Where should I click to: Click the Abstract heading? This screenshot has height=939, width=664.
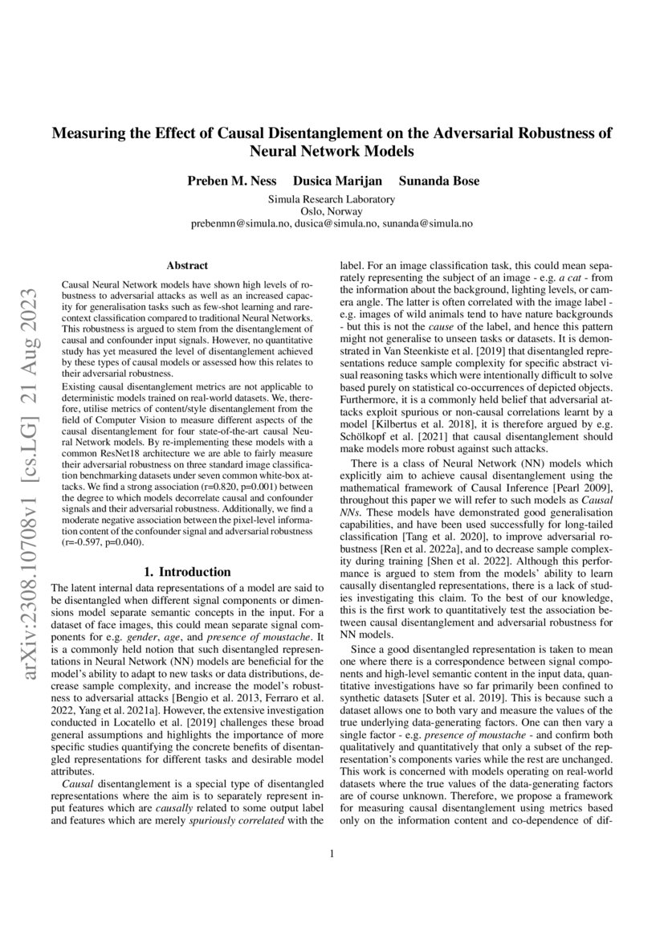(187, 264)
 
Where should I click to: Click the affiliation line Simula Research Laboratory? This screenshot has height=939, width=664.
(332, 198)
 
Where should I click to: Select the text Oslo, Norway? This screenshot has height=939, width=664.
(332, 211)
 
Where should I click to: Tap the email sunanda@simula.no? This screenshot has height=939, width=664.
(426, 224)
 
